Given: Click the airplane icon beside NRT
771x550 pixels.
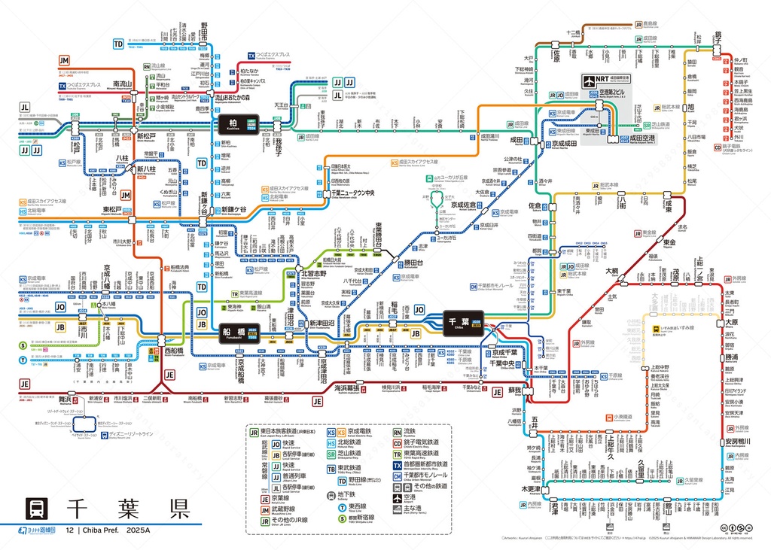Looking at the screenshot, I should click(x=590, y=80).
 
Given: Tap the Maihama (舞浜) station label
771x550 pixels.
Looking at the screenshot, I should click(x=65, y=400).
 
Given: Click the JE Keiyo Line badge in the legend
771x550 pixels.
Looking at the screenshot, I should click(x=265, y=498).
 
